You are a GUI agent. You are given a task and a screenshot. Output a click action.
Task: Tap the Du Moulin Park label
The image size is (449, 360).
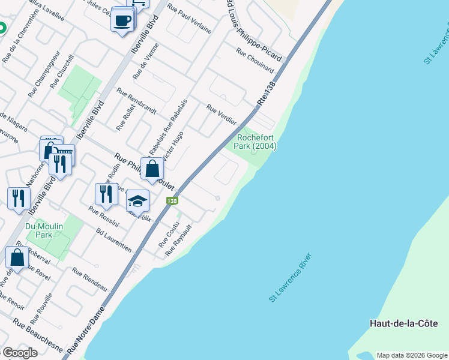tap(40, 231)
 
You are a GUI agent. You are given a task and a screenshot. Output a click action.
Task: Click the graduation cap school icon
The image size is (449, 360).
tap(137, 202)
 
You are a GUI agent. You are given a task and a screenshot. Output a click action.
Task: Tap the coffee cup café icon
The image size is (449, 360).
tap(122, 22)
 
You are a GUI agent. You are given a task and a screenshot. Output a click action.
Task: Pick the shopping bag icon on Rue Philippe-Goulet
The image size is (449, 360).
tap(152, 169)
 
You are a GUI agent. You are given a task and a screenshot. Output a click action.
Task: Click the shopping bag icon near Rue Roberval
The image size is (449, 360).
tap(17, 257)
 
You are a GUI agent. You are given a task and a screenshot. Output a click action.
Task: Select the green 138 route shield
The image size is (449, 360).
tap(172, 201)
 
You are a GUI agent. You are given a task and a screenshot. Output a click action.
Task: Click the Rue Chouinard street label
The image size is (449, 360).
tap(255, 61)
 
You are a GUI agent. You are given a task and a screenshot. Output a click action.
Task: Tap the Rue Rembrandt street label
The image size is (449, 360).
tap(136, 101)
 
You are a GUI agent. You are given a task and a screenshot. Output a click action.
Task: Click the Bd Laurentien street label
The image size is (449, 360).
tap(114, 240)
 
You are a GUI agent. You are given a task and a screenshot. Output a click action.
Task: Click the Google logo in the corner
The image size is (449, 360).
tap(20, 353)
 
